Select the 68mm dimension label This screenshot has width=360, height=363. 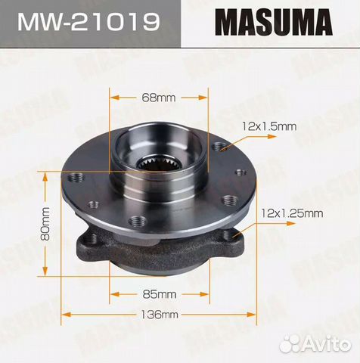click(x=158, y=98)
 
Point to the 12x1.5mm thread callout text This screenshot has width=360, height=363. click(x=269, y=126)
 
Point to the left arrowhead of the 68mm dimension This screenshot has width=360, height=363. click(x=113, y=98)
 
